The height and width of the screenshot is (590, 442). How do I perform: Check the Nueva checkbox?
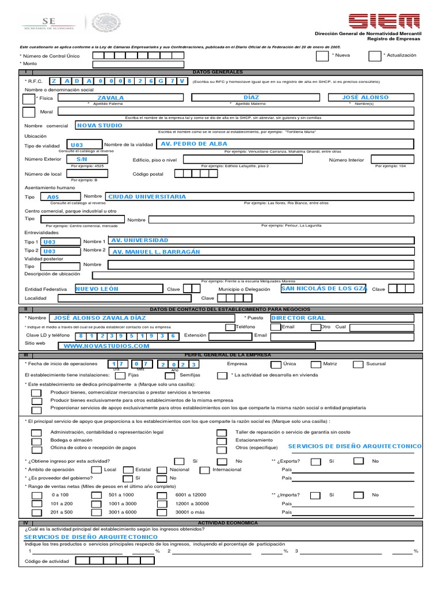(x=322, y=55)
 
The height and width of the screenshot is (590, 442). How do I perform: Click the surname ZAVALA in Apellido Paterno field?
(x=110, y=98)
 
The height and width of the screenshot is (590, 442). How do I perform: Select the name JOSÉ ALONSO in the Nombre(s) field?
(x=365, y=97)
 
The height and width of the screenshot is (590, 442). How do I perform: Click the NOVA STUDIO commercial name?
(x=100, y=125)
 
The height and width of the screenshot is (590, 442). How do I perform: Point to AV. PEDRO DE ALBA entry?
(x=194, y=143)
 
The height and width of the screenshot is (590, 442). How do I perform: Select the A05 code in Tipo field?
(x=53, y=197)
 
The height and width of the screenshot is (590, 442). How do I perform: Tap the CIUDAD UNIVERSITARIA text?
(x=147, y=196)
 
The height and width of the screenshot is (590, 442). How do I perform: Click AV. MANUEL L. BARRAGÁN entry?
(x=156, y=252)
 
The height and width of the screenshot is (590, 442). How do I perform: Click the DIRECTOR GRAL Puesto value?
(x=298, y=317)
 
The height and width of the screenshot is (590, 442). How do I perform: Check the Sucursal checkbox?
(x=358, y=364)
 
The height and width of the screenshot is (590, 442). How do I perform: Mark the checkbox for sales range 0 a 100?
(x=36, y=496)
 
